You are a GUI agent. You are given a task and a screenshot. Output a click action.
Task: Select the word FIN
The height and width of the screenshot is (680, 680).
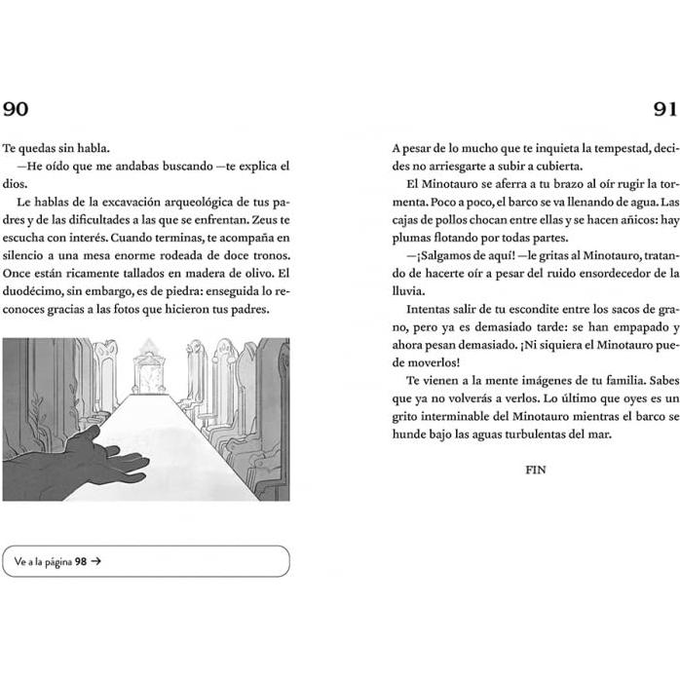535,470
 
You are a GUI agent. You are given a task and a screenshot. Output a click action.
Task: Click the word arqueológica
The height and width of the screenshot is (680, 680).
195,202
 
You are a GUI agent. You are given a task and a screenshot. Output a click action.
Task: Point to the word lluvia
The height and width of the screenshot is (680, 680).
409,289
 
